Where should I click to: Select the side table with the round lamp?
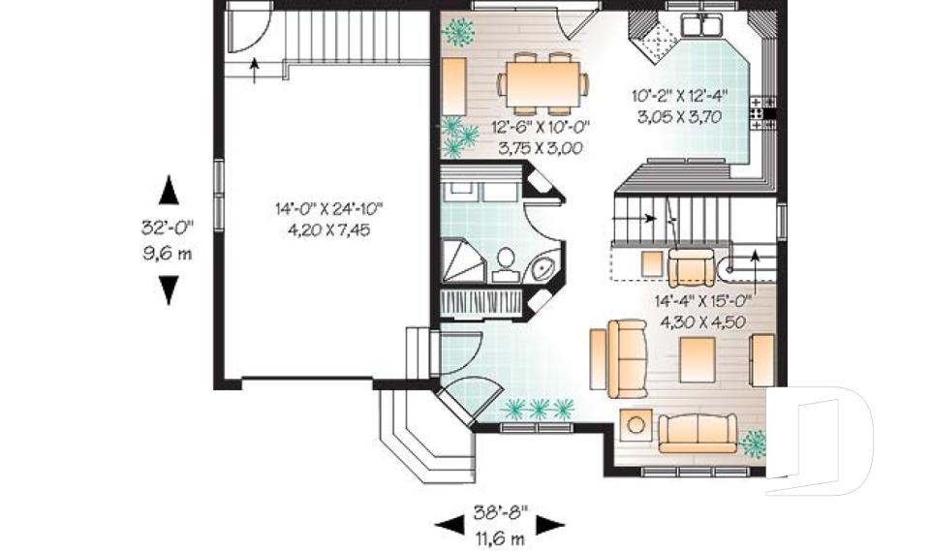635,424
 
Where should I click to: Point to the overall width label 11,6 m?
499,536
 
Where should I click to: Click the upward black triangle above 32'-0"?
169,189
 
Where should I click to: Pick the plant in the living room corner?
753,444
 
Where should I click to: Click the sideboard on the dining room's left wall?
455,86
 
